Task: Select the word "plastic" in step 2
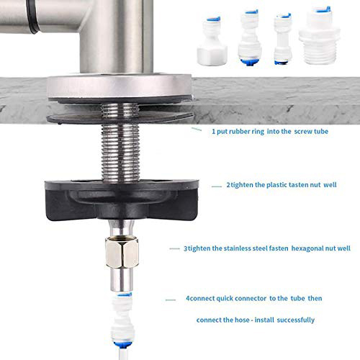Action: (267, 185)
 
